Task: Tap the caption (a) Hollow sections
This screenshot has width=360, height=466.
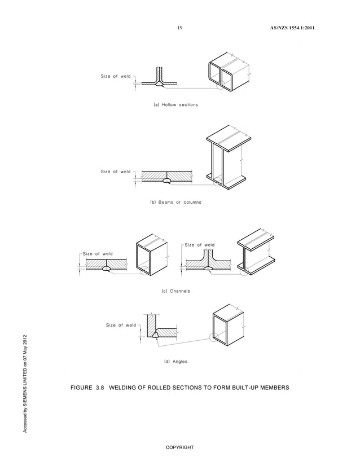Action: [175, 105]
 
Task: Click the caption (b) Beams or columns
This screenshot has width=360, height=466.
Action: [175, 201]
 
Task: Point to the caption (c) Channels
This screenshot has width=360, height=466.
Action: [175, 291]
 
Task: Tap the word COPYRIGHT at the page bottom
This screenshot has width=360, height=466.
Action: [179, 447]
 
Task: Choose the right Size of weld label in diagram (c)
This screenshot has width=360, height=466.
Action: [200, 245]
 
